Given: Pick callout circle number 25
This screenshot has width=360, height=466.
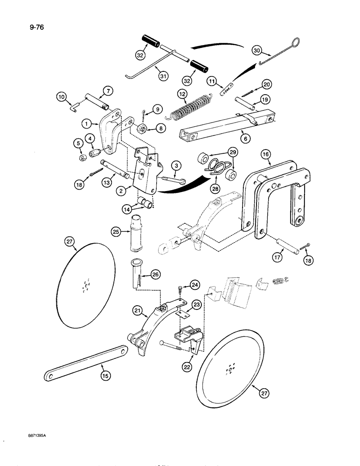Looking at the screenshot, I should pos(116,231).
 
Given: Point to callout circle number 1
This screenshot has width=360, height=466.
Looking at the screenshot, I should pos(86,124).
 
